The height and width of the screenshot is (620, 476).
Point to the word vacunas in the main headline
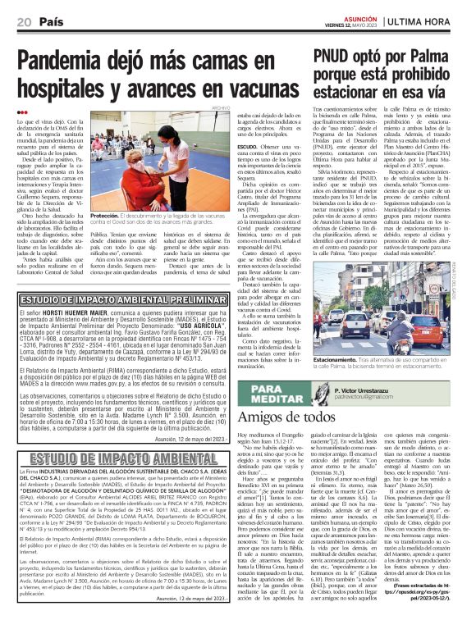point(251,87)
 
